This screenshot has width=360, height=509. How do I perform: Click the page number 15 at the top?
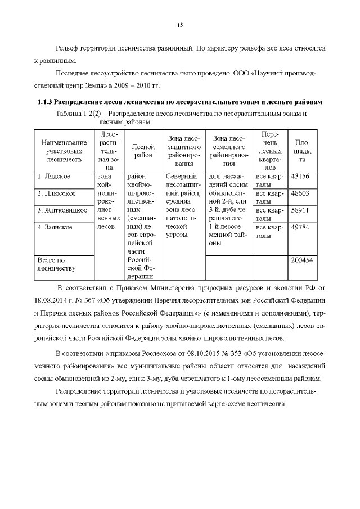180,25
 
